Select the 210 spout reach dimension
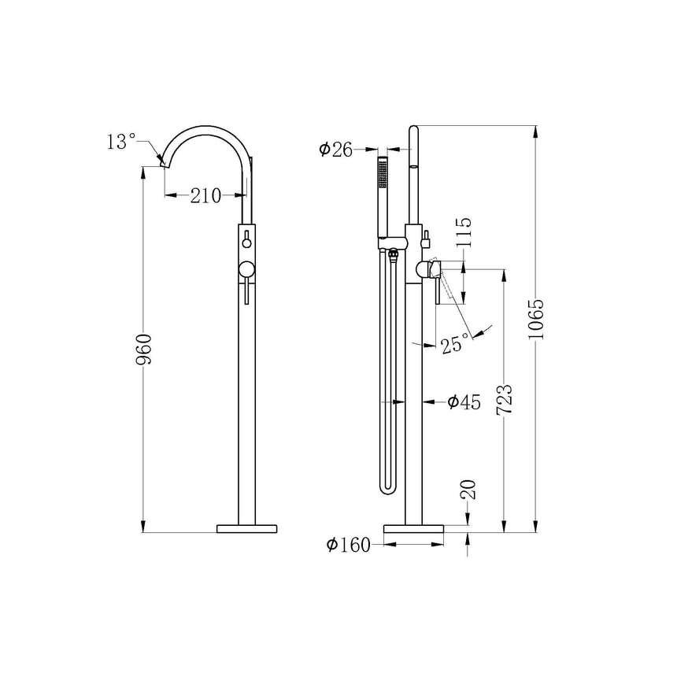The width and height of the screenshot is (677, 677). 205,197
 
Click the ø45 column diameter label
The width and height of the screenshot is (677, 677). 464,402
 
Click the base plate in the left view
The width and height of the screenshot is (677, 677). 247,527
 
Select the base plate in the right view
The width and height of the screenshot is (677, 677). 413,527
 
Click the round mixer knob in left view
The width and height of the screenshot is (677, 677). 247,268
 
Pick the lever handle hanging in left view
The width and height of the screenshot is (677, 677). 247,293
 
